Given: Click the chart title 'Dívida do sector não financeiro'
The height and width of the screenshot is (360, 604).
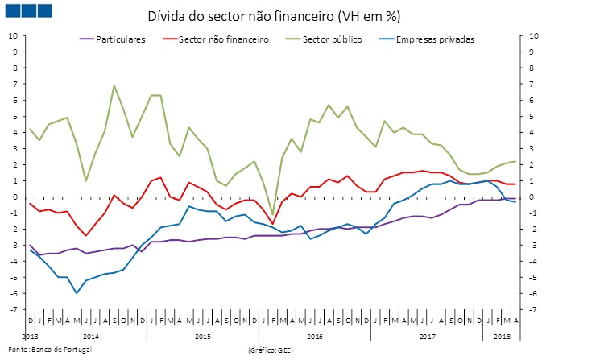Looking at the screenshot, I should [x=274, y=16].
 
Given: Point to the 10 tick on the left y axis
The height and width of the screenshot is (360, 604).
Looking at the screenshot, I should [x=12, y=35].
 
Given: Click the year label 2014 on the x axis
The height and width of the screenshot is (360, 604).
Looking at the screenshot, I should [x=90, y=335].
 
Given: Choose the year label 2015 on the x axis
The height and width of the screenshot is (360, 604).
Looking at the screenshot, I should [x=203, y=335].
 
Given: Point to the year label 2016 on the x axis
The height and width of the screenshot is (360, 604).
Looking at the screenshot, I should [x=315, y=335].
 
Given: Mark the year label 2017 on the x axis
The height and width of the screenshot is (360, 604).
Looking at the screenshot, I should [x=427, y=335].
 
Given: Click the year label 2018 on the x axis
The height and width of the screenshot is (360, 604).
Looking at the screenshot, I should [x=503, y=335].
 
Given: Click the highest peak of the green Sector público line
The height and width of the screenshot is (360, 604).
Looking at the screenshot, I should [x=114, y=85].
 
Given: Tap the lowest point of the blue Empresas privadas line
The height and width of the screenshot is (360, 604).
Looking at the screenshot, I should [x=77, y=293].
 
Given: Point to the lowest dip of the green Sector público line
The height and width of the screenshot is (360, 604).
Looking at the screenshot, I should [x=272, y=214].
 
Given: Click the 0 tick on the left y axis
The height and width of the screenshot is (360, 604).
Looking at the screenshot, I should [x=14, y=197].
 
